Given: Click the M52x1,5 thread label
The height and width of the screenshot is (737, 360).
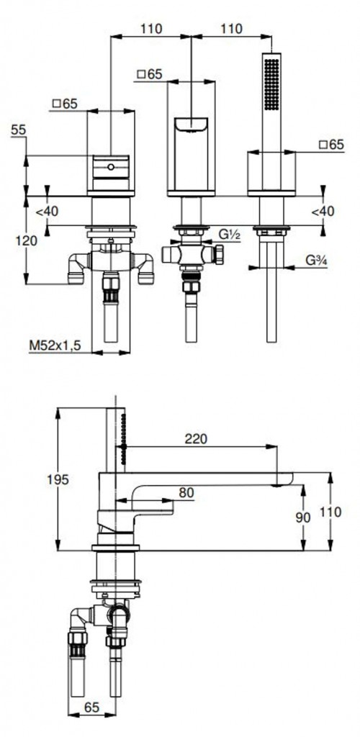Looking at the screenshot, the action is (55, 345).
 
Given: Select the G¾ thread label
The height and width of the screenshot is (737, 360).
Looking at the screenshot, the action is (316, 260).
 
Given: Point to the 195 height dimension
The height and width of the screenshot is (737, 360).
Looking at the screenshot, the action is (58, 479).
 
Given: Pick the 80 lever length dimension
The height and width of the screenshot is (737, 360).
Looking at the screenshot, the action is (186, 492).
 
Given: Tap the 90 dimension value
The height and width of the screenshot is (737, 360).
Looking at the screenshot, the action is (304, 517).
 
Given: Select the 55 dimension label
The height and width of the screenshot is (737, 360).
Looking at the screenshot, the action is (18, 130).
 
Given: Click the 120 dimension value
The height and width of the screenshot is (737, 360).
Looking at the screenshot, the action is (26, 241).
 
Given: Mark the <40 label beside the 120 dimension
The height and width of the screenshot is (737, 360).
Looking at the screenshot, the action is (47, 212).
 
